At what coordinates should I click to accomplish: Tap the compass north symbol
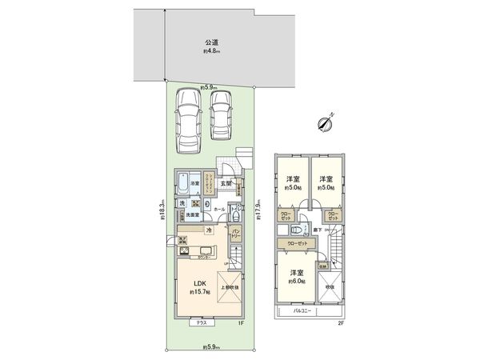[325, 122]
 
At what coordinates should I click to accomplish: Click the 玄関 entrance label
[226, 183]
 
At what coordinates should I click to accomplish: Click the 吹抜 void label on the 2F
[329, 286]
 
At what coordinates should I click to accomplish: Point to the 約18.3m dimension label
[162, 210]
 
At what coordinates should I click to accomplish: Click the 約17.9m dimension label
[258, 210]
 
